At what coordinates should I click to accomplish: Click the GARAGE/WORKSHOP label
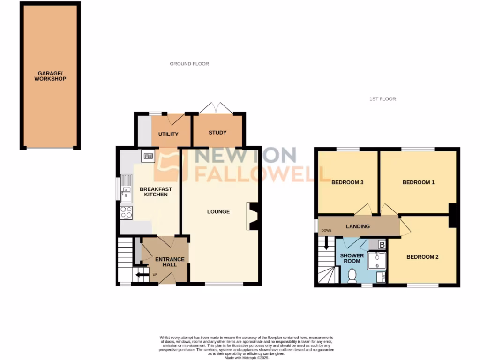tap(50, 76)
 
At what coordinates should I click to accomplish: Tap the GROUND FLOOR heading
tap(189, 64)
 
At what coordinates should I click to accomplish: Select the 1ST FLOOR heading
tap(383, 99)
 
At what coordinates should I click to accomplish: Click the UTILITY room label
tap(168, 135)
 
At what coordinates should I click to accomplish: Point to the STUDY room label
tap(217, 133)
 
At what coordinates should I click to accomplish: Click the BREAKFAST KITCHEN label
tap(156, 192)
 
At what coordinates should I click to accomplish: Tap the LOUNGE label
tap(218, 211)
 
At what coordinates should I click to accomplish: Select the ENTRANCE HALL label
tap(170, 262)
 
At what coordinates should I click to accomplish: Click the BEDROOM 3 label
tap(348, 182)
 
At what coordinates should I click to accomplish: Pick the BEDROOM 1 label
tap(419, 182)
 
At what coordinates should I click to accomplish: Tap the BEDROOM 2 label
tap(422, 257)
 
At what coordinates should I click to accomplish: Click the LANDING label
tap(358, 226)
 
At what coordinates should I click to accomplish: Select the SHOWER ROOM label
tap(352, 259)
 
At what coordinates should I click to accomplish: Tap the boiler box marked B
tap(382, 244)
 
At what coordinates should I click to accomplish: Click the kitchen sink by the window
tap(126, 187)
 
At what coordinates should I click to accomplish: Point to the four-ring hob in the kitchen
tap(126, 212)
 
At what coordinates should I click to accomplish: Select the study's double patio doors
tap(216, 108)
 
